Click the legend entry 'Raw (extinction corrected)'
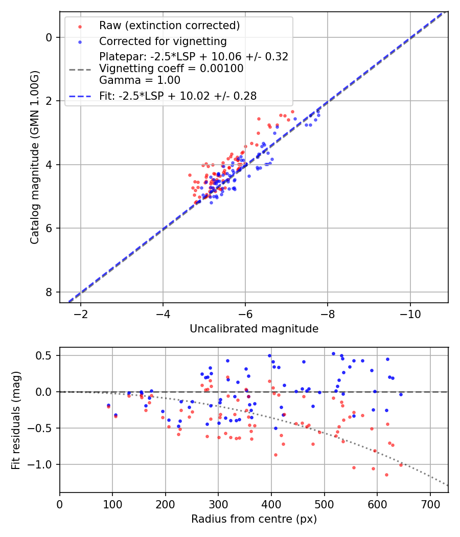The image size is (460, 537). (x=169, y=26)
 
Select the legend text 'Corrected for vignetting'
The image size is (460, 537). (x=163, y=41)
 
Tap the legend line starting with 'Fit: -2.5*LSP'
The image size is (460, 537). (x=178, y=95)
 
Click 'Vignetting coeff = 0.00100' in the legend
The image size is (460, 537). (x=171, y=68)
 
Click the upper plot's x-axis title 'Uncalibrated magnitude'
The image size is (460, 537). (x=254, y=329)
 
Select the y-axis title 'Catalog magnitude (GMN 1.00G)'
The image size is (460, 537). (x=34, y=158)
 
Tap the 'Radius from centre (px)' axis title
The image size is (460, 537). (x=254, y=519)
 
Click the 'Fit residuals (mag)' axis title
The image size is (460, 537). (x=16, y=420)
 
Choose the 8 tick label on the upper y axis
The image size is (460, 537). (x=49, y=292)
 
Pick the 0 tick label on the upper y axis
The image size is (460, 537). (x=49, y=37)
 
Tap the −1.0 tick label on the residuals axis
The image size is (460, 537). (x=42, y=464)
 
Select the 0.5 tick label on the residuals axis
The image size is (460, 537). (x=45, y=355)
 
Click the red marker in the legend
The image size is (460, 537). (x=80, y=26)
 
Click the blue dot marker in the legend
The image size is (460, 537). (x=80, y=41)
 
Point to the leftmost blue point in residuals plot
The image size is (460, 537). (x=108, y=405)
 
